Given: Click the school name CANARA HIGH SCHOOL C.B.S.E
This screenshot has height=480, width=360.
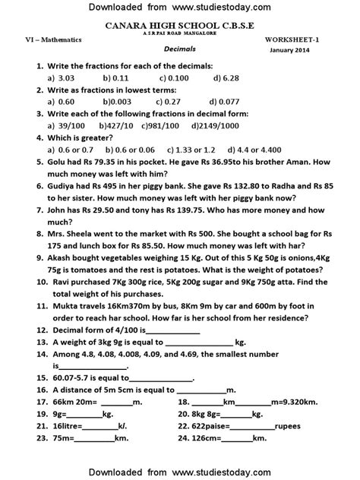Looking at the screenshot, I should [x=180, y=26].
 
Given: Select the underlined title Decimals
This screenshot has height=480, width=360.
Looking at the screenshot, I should [x=181, y=47].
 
